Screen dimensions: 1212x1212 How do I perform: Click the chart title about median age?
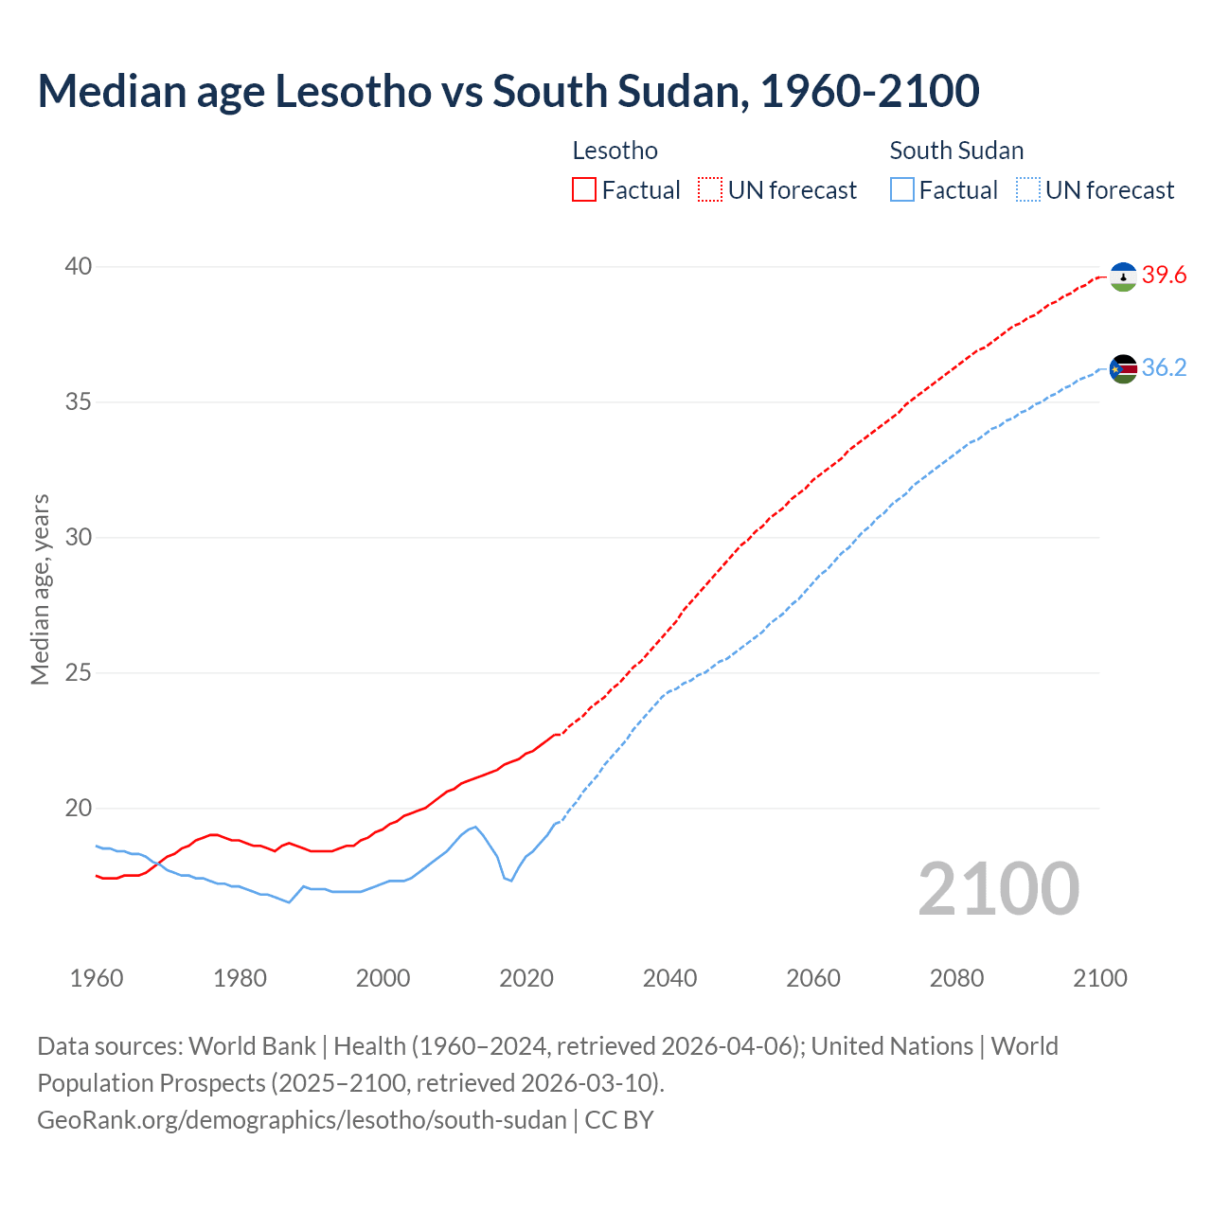(x=508, y=92)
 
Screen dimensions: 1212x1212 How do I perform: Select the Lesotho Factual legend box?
(x=584, y=190)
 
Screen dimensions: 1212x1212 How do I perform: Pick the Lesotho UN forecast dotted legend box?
(x=710, y=190)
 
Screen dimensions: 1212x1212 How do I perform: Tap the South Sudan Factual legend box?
(x=902, y=190)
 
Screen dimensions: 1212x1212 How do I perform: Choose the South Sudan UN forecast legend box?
(x=1028, y=190)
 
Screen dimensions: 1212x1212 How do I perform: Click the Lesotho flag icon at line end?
(x=1123, y=276)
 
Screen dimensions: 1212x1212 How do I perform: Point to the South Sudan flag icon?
(x=1123, y=368)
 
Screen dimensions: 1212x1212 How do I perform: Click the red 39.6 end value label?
(x=1164, y=276)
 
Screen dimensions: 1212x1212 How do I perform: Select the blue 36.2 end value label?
(x=1164, y=368)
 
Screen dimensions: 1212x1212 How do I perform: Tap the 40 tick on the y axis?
(x=79, y=267)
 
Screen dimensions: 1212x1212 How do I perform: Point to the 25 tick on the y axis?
(x=79, y=673)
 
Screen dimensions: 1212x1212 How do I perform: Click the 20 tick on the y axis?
(x=79, y=809)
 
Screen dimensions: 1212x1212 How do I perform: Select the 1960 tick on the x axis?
(x=97, y=978)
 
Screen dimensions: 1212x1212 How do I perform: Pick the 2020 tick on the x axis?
(x=526, y=978)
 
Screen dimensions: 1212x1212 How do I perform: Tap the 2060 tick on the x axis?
(x=813, y=978)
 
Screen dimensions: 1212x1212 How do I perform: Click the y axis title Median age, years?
(x=40, y=589)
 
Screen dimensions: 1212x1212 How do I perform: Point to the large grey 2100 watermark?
(x=998, y=888)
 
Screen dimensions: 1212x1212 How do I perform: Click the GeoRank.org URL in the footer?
(x=301, y=1120)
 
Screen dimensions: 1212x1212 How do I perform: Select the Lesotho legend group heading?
(x=615, y=151)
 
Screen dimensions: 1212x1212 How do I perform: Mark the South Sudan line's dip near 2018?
(x=511, y=881)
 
